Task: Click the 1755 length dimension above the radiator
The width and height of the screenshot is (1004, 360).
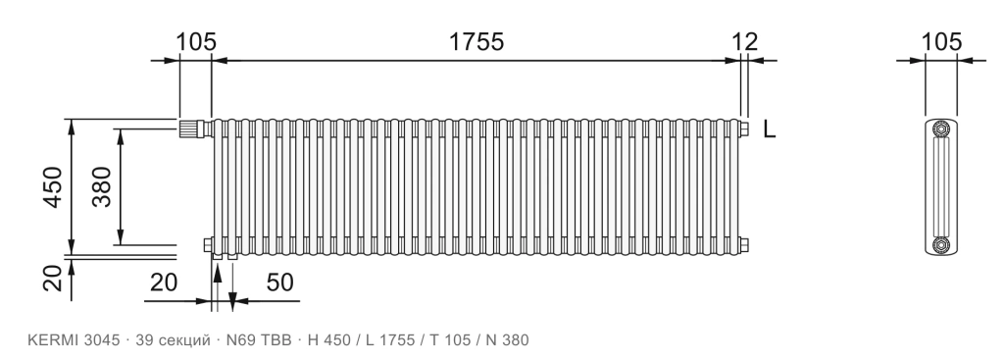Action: (476, 41)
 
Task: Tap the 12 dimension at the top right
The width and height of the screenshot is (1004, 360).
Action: (745, 41)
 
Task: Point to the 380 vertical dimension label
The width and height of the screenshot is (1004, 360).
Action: (101, 187)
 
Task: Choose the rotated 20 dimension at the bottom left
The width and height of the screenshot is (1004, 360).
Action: (53, 279)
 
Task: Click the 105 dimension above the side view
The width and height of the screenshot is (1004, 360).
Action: (941, 41)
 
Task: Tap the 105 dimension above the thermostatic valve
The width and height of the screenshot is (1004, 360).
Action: (196, 41)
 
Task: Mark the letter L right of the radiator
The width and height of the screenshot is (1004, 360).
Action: (769, 130)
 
